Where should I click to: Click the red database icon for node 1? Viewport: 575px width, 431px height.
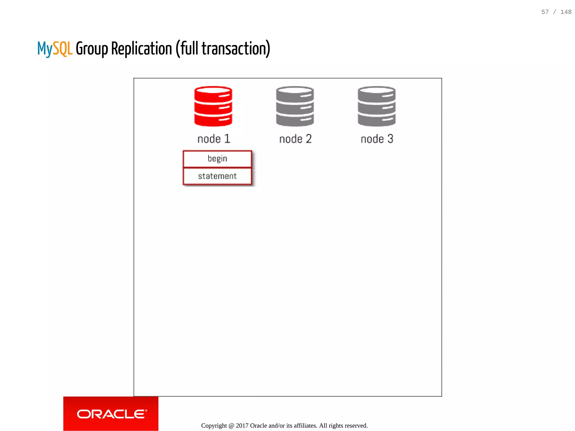point(213,106)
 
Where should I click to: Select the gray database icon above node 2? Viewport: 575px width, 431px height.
point(295,106)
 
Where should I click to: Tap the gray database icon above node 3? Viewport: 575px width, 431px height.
point(377,106)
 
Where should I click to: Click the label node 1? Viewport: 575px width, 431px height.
point(214,139)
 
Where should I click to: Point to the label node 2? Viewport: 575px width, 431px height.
point(295,139)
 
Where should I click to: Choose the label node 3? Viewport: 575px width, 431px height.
point(377,139)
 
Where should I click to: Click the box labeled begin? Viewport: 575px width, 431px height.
point(217,159)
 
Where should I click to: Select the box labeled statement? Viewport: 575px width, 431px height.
point(217,176)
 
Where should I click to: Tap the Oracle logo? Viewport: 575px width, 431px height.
point(111,414)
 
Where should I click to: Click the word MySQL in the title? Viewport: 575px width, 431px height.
point(55,49)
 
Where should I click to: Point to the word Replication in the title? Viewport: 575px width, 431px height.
point(142,49)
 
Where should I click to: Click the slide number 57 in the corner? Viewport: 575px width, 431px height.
point(545,12)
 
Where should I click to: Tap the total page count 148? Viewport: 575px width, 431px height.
point(566,12)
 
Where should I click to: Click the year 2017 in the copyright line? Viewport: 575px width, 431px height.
point(242,426)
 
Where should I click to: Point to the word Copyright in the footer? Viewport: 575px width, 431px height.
point(214,426)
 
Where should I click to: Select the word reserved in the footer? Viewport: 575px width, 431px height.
point(356,426)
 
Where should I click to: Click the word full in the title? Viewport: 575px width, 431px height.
point(189,49)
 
